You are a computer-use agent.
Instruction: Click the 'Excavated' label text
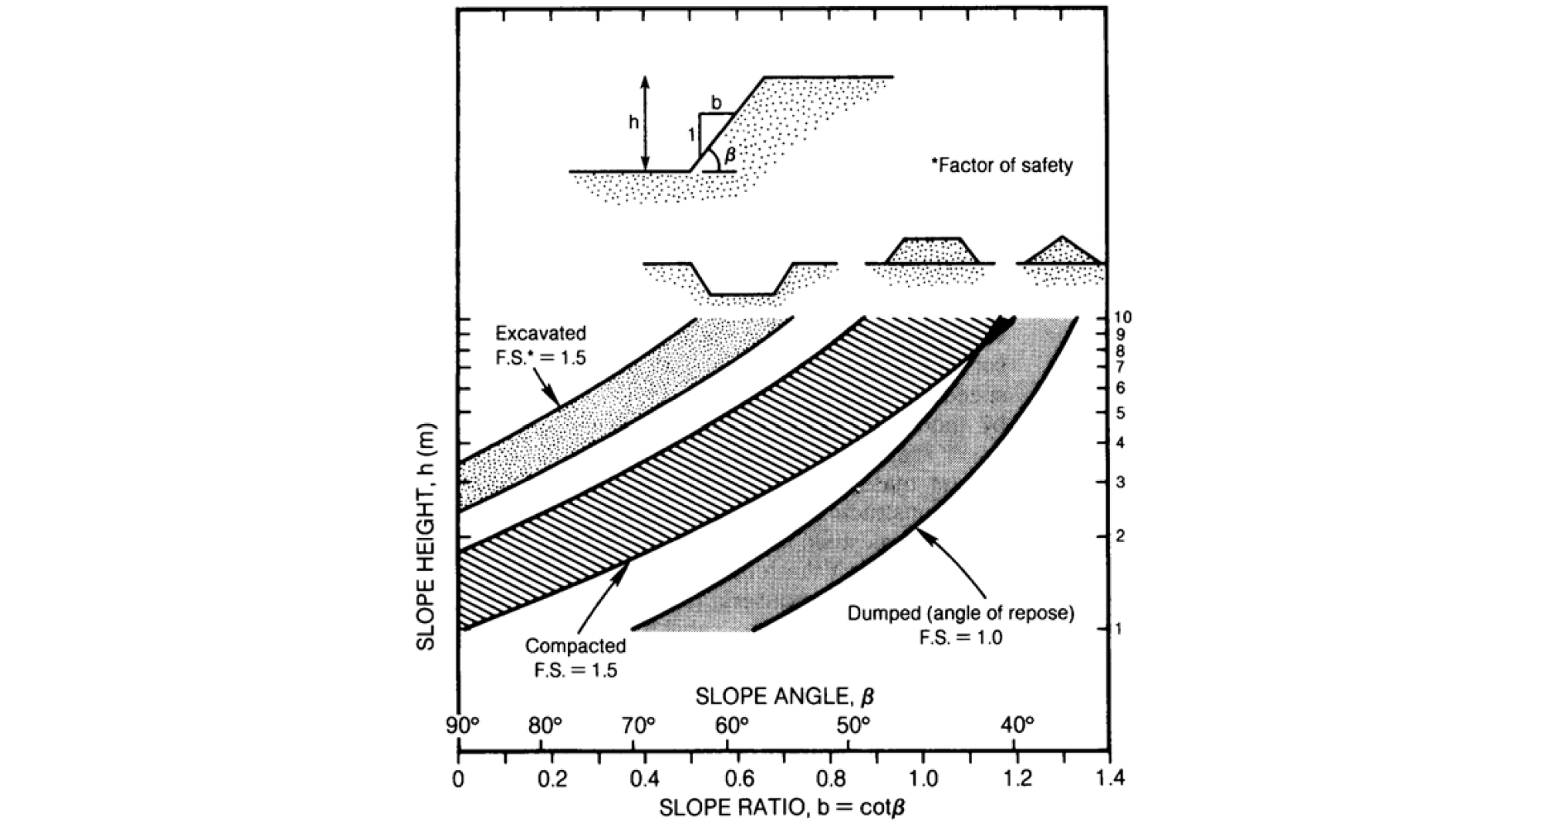pos(541,334)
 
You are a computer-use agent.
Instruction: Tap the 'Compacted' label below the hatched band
pos(575,645)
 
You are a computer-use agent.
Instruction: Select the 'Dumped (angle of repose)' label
pos(960,614)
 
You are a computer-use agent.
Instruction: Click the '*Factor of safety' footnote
pos(1002,165)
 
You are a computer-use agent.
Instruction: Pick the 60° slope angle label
pos(731,725)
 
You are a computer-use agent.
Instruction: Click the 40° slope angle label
pos(1017,725)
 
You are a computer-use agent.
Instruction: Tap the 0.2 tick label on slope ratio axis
pos(552,779)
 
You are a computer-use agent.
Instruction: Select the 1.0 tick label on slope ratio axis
pos(923,779)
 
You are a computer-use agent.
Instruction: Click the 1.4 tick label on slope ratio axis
pos(1109,779)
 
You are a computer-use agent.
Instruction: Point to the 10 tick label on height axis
pos(1122,318)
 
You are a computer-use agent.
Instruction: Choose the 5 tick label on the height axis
pos(1120,413)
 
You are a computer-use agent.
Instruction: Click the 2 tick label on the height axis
pos(1120,536)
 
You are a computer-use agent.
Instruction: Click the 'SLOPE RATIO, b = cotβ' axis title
pos(781,808)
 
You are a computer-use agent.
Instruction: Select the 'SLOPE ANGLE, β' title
pos(785,697)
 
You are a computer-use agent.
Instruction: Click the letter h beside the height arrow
pos(633,123)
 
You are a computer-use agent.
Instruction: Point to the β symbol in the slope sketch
pos(731,156)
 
